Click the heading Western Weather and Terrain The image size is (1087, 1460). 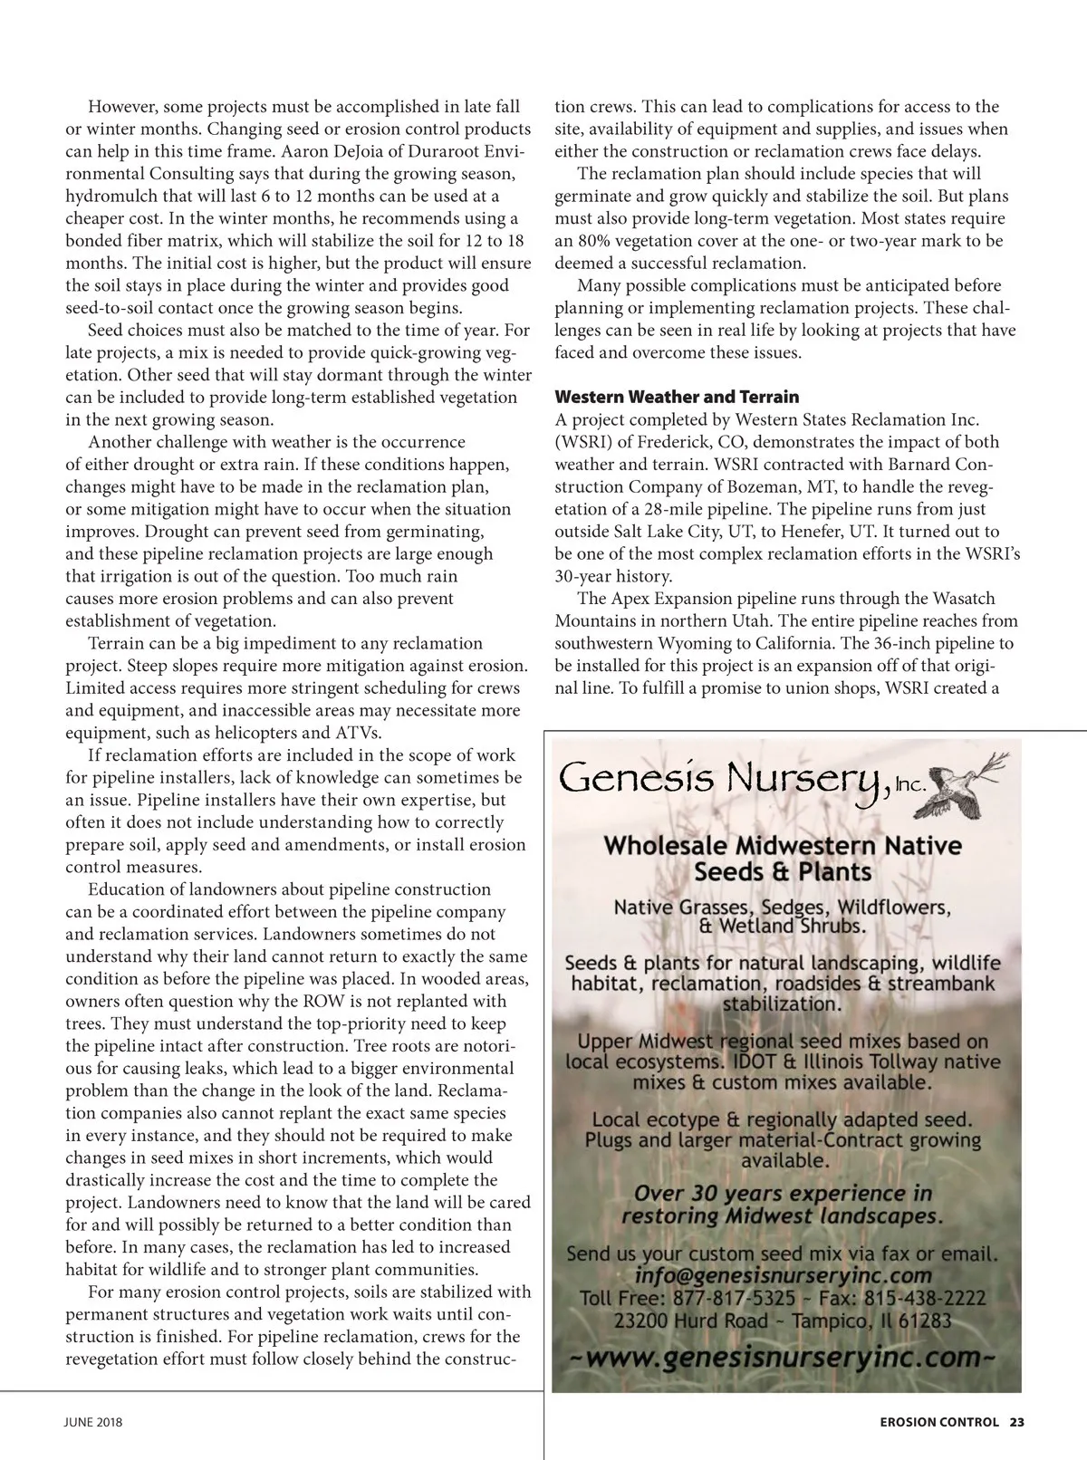click(677, 397)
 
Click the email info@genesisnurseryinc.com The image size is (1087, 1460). click(784, 1277)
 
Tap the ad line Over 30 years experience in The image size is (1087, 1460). click(784, 1194)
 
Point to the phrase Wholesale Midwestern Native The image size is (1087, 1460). click(783, 846)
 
